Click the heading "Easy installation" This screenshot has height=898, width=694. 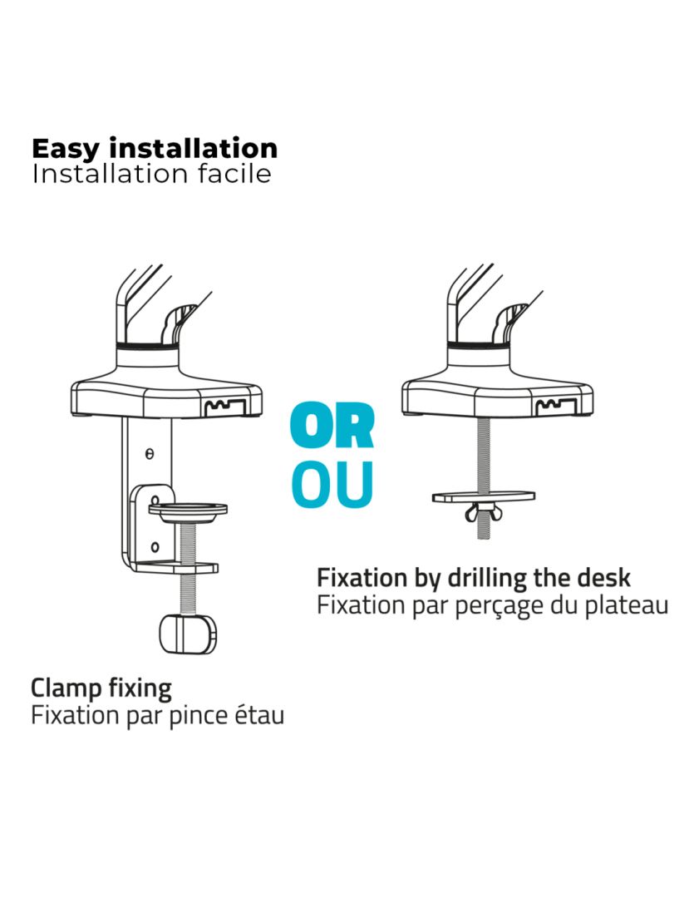[155, 150]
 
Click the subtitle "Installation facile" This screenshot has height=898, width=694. [152, 174]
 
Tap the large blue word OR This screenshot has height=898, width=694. [332, 426]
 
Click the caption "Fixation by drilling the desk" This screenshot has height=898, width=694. [474, 579]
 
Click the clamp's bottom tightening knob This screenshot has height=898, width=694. [189, 634]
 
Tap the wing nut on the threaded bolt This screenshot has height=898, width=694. [483, 511]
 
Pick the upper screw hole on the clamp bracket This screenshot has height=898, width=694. [150, 454]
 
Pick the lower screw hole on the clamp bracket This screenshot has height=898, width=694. [155, 547]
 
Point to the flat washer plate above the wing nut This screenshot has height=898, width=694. [484, 496]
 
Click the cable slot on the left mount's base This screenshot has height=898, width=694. [225, 407]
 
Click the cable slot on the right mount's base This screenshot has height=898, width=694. [555, 407]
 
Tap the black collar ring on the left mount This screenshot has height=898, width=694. [148, 346]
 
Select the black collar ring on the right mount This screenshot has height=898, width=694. [479, 345]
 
